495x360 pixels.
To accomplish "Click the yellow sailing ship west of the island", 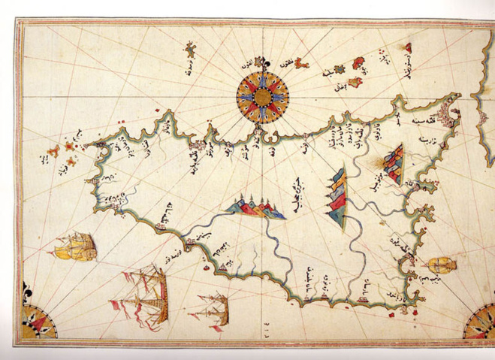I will click(79, 245).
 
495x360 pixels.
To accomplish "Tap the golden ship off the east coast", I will click(441, 265).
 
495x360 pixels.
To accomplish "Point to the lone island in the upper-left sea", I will click(192, 50).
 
